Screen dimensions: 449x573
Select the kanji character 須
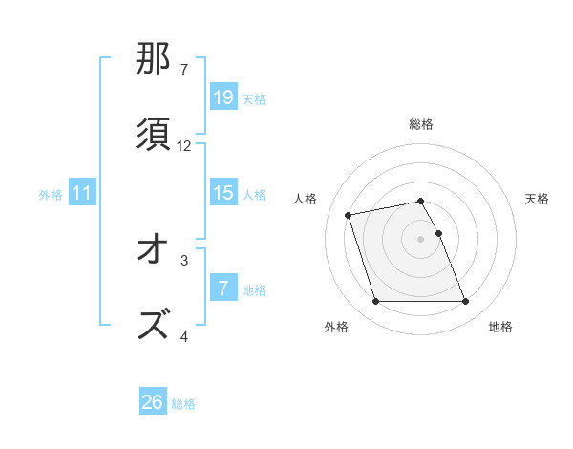[x=154, y=135]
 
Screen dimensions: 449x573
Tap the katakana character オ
[x=154, y=250]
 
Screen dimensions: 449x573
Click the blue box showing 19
[x=223, y=97]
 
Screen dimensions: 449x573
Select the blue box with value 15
[x=223, y=193]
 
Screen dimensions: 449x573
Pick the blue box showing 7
[x=223, y=289]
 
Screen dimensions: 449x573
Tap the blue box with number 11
[x=82, y=193]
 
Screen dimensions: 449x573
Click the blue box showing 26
[x=153, y=402]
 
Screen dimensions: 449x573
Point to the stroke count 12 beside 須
[x=184, y=146]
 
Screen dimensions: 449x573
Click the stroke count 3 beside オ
[x=184, y=260]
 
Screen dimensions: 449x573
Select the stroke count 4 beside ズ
[x=184, y=336]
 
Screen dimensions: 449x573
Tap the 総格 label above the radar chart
[x=421, y=124]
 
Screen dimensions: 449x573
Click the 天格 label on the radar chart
[x=537, y=199]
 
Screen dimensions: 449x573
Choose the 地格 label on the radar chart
[x=500, y=327]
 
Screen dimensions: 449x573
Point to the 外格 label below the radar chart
[x=336, y=327]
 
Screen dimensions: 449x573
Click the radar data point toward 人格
[x=349, y=214]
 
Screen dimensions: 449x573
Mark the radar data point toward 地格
[x=465, y=302]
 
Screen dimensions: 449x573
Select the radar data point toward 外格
[x=375, y=302]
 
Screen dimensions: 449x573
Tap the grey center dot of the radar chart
[x=421, y=238]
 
